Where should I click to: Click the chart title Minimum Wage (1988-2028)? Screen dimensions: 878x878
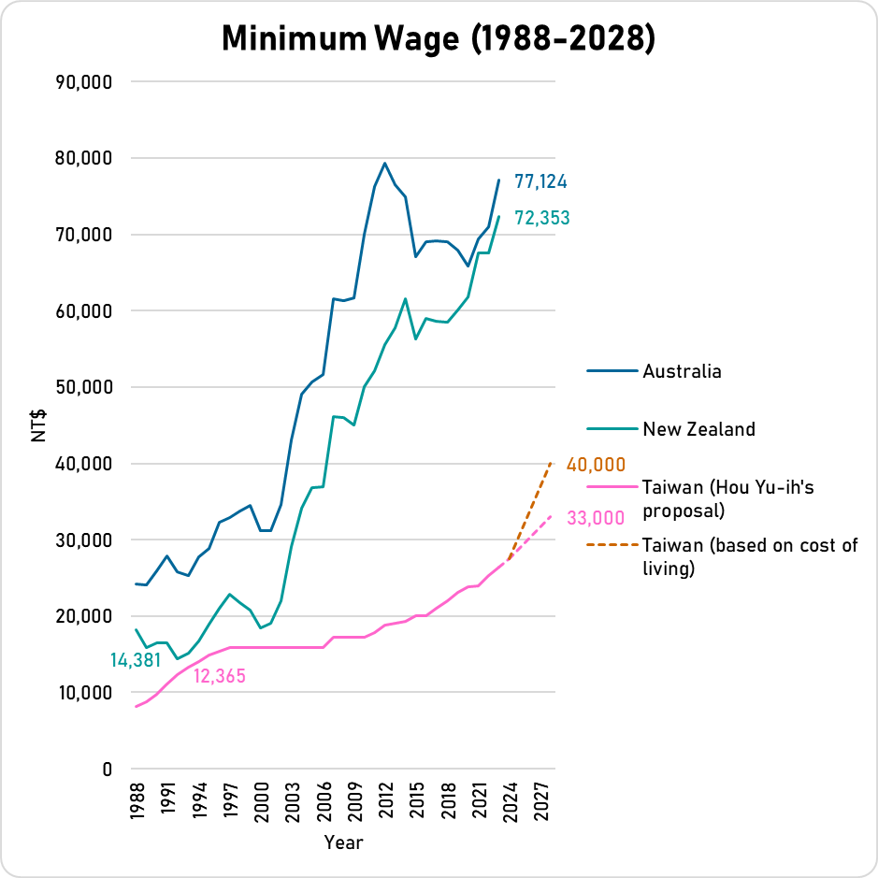[x=439, y=38]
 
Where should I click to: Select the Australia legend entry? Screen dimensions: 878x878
[x=682, y=371]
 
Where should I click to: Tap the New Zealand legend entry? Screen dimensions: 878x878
[x=698, y=429]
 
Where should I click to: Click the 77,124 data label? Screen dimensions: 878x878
[x=541, y=181]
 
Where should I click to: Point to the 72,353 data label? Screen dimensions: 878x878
[x=542, y=219]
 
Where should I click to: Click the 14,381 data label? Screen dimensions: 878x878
[x=136, y=660]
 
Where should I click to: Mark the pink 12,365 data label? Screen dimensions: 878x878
[x=220, y=676]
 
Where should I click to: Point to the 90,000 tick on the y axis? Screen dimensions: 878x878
[x=85, y=82]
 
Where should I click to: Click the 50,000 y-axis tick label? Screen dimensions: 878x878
[x=85, y=387]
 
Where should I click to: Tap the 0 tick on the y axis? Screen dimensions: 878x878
[x=108, y=770]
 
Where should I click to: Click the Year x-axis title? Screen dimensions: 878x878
[x=343, y=842]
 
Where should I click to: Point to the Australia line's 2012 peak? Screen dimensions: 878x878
[x=385, y=164]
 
